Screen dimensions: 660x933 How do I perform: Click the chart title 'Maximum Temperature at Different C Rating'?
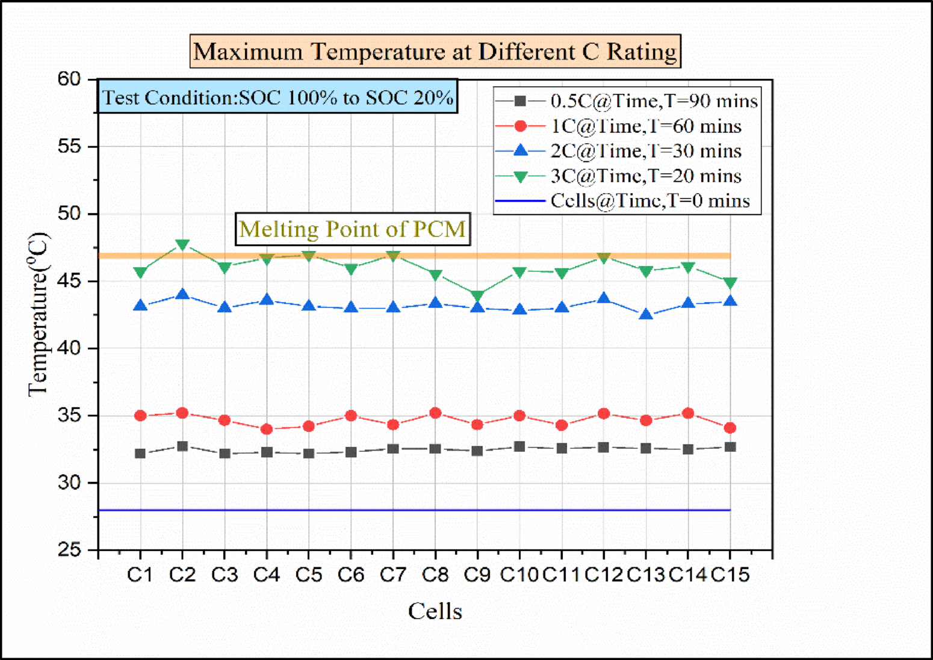coord(435,52)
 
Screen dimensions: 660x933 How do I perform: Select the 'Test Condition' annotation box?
coord(277,97)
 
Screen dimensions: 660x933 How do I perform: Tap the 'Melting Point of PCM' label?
coord(352,229)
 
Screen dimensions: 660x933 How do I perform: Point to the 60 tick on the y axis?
coord(69,79)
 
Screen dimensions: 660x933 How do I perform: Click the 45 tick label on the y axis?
coord(69,281)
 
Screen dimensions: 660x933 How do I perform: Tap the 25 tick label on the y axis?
coord(69,550)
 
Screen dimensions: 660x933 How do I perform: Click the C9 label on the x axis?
coord(477,575)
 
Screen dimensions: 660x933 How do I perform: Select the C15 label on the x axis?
coord(730,575)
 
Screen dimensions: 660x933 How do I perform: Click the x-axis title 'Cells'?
coord(435,611)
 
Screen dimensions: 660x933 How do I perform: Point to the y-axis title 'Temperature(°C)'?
coord(37,314)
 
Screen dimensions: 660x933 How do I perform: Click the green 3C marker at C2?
coord(182,245)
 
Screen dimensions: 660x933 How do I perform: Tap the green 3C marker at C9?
coord(477,296)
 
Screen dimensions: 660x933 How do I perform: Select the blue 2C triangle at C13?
coord(646,314)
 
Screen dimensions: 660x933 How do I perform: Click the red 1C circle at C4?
coord(267,429)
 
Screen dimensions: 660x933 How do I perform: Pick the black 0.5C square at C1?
coord(140,454)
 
